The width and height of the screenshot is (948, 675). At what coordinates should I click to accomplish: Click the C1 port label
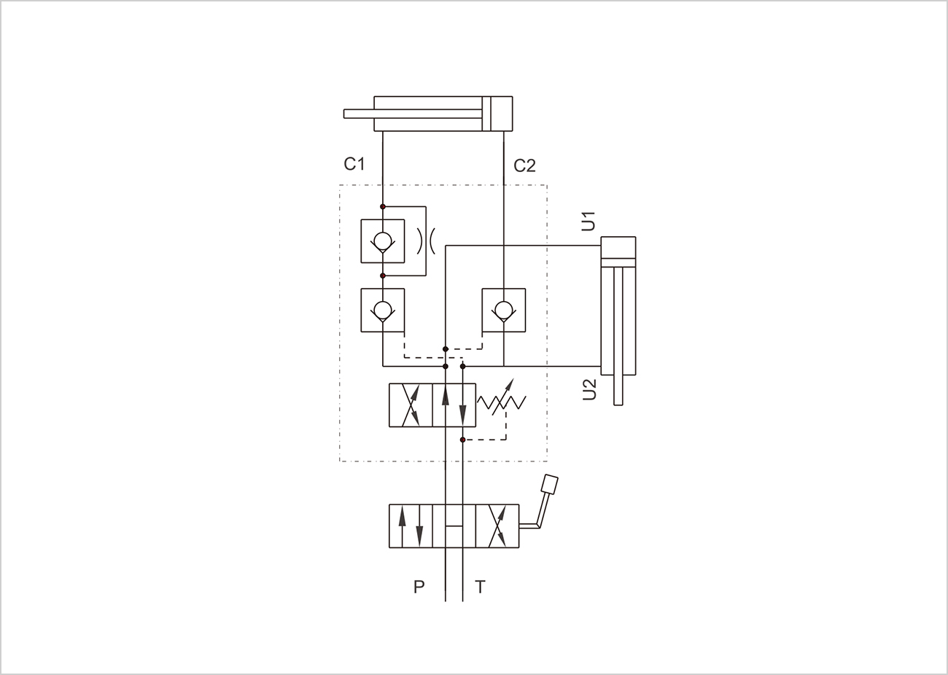tap(354, 164)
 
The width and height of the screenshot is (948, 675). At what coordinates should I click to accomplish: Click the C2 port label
tap(524, 165)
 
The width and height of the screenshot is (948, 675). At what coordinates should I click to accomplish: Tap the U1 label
tap(588, 221)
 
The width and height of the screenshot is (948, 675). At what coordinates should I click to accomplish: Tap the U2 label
tap(589, 390)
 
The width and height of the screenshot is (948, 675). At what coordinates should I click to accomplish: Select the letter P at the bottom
tap(419, 587)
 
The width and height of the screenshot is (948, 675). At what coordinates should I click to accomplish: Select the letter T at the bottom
tap(480, 587)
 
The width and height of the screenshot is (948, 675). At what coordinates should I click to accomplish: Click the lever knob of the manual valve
tap(550, 484)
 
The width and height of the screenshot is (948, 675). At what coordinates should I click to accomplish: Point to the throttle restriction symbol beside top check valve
tap(426, 241)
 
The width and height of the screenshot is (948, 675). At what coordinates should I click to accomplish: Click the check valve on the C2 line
tap(504, 311)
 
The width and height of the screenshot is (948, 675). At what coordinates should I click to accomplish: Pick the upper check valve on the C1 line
tap(383, 241)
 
